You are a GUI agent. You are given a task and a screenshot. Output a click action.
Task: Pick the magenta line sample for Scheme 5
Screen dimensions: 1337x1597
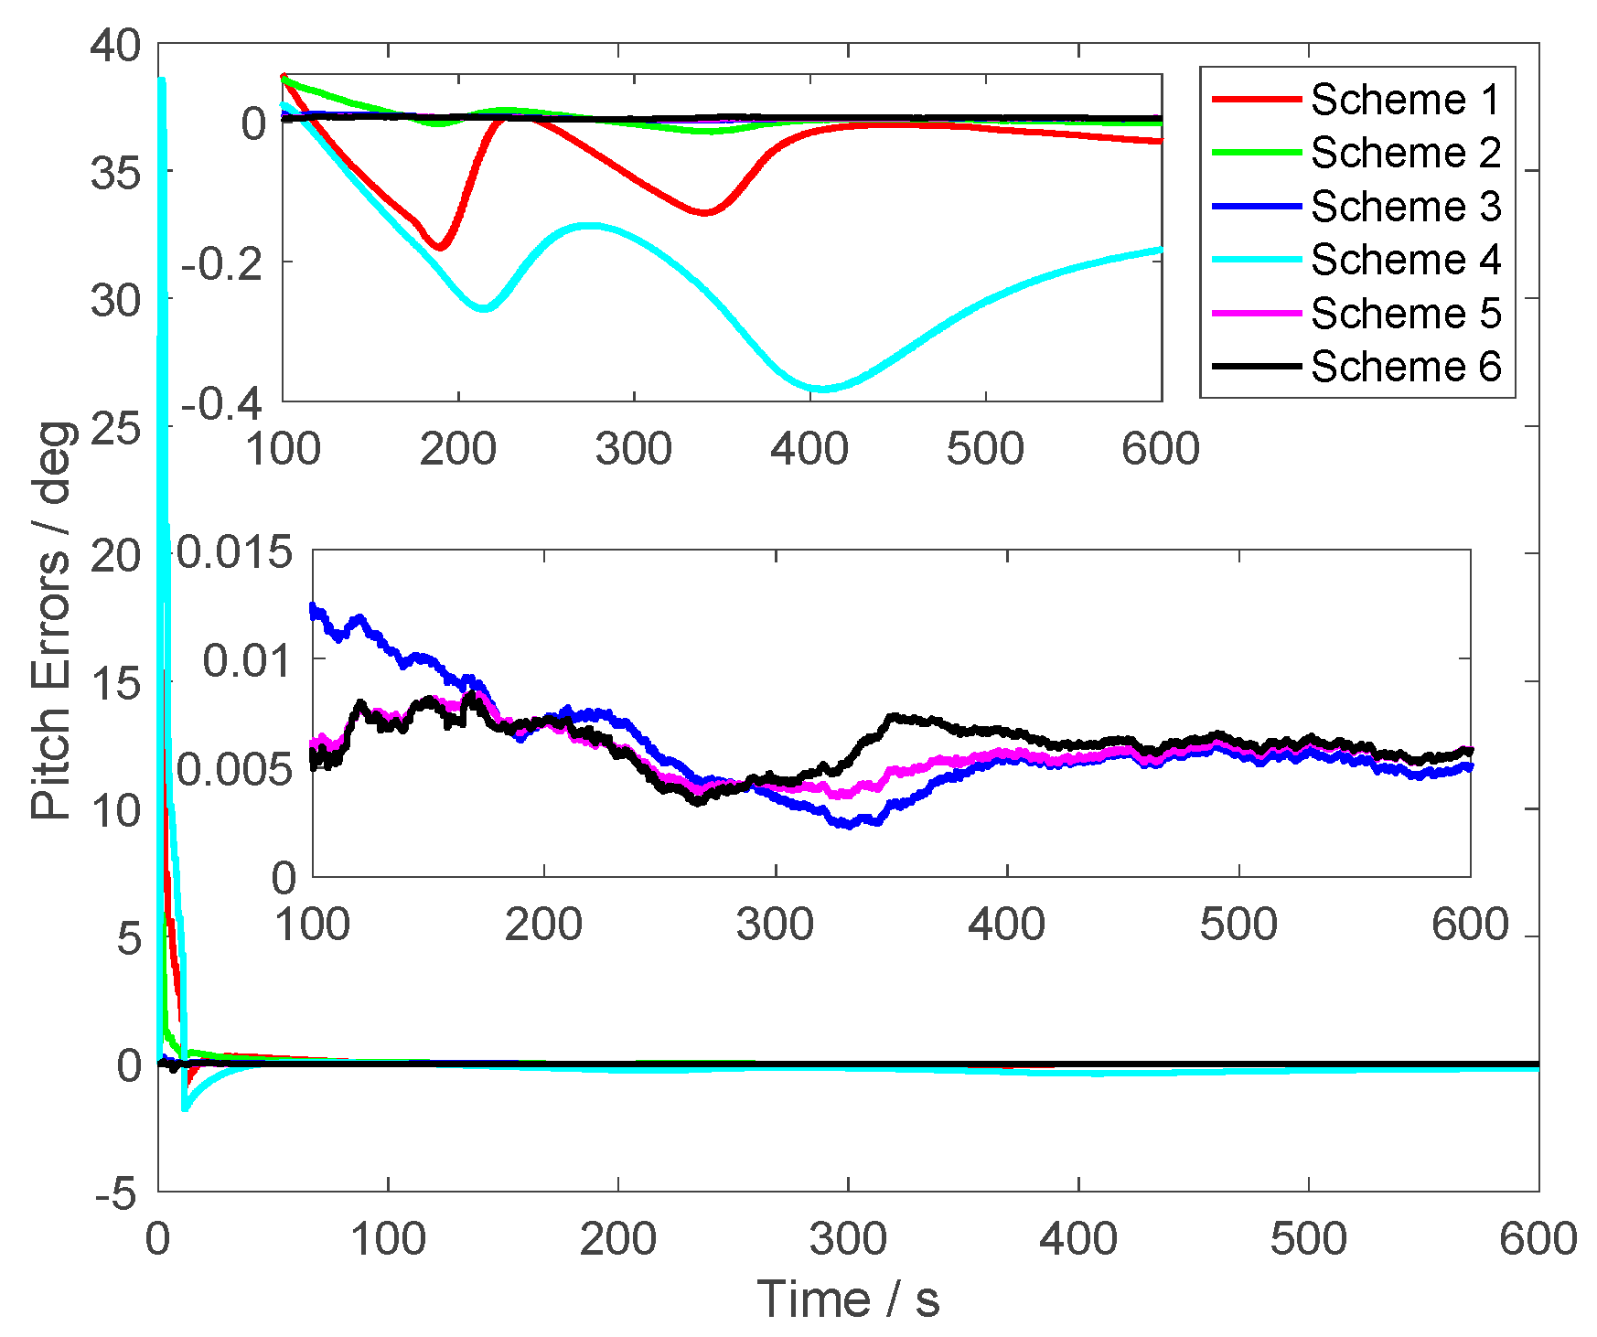pyautogui.click(x=1256, y=314)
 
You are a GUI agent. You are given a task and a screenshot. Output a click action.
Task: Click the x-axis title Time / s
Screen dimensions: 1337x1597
pyautogui.click(x=848, y=1300)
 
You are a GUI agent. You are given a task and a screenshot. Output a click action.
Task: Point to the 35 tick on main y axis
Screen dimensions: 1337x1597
pyautogui.click(x=117, y=172)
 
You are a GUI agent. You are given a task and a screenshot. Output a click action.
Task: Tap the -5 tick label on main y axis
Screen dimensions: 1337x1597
pyautogui.click(x=117, y=1193)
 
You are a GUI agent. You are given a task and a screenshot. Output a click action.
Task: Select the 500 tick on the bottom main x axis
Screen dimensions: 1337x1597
pyautogui.click(x=1309, y=1240)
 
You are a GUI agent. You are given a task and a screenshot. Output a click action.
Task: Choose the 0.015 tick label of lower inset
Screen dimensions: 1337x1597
pyautogui.click(x=235, y=552)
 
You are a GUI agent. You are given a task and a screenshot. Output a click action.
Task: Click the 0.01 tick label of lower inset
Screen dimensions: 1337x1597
pyautogui.click(x=248, y=659)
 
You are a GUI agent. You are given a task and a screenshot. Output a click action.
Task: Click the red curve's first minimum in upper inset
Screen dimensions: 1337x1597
pyautogui.click(x=440, y=247)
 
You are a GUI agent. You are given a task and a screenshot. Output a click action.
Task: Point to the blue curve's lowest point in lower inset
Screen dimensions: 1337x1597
pyautogui.click(x=849, y=824)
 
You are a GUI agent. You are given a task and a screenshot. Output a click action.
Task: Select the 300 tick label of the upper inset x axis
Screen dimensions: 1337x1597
pyautogui.click(x=634, y=449)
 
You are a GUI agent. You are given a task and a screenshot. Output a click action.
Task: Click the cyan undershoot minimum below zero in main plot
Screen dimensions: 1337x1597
pyautogui.click(x=186, y=1107)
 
